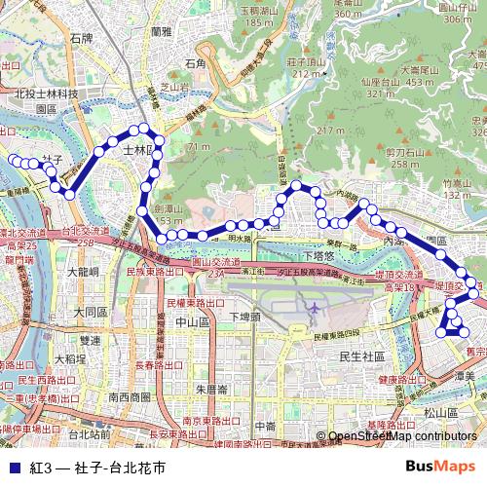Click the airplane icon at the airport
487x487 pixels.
[314, 309]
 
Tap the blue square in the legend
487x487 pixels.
[10, 468]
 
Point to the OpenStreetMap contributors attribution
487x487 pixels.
[402, 436]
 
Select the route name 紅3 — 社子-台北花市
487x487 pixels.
[96, 468]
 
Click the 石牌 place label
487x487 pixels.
[80, 40]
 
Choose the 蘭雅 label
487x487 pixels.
[162, 31]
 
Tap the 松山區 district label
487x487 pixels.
[441, 412]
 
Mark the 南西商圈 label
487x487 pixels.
[131, 396]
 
